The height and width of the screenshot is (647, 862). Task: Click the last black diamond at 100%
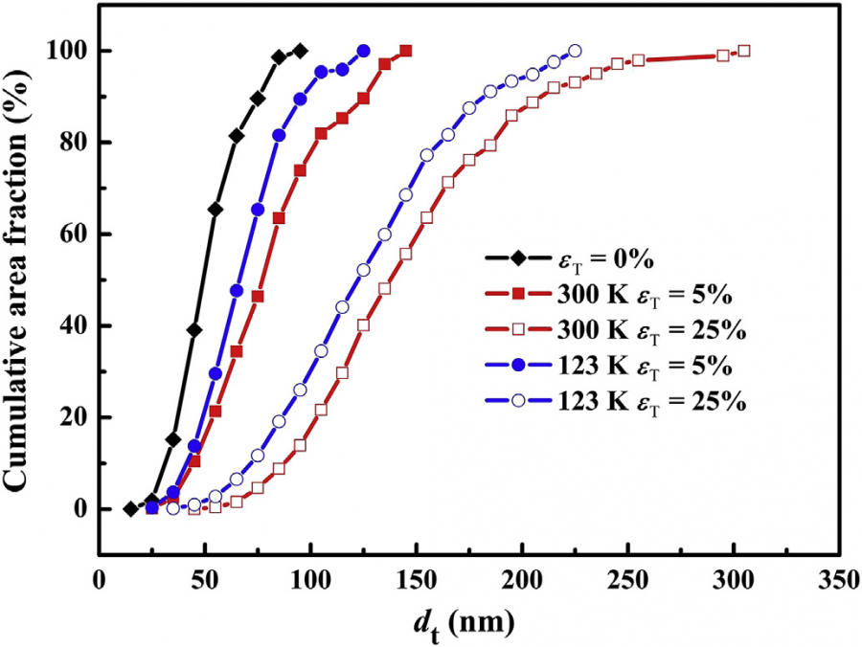301,51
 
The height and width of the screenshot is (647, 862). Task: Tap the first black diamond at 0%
131,509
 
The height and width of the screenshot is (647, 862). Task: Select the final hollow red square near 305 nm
744,51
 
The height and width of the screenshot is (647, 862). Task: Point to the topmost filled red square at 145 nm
406,51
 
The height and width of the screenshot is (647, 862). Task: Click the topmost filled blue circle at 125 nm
364,51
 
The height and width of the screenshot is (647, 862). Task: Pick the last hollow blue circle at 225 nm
575,51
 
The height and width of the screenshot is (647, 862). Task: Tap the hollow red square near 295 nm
723,56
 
